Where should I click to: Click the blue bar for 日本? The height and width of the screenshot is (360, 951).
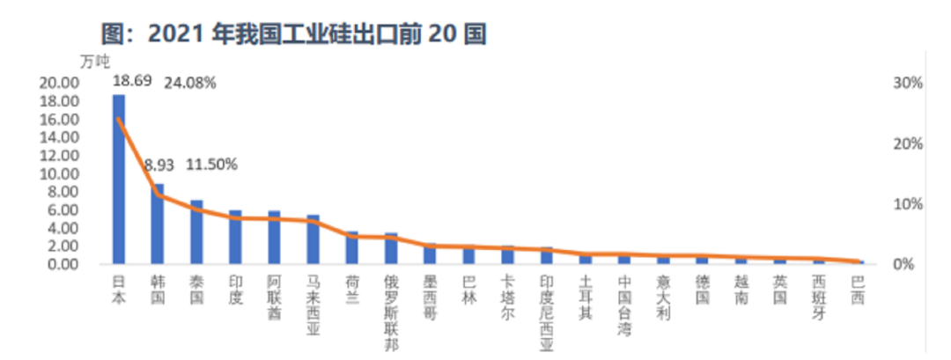click(x=119, y=180)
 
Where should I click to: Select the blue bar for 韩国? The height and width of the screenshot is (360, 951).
click(x=158, y=224)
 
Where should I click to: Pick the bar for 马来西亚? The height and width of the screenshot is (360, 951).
click(x=313, y=239)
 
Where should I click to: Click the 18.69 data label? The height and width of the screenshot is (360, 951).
click(x=132, y=81)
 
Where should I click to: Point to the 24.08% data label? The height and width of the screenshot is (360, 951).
click(x=188, y=84)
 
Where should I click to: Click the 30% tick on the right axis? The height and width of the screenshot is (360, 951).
click(x=907, y=83)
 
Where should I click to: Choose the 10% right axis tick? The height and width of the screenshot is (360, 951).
click(x=907, y=204)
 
